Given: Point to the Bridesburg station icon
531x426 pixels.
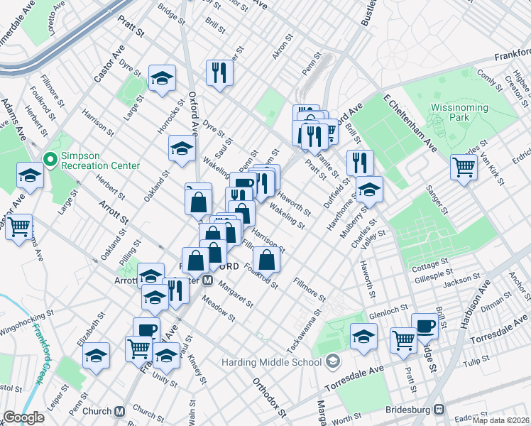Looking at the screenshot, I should pyautogui.click(x=440, y=410).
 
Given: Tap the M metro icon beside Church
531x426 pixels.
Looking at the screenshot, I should pyautogui.click(x=120, y=411).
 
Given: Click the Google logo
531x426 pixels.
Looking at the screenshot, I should pyautogui.click(x=23, y=417).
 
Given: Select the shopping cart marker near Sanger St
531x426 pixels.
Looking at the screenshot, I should pyautogui.click(x=464, y=168).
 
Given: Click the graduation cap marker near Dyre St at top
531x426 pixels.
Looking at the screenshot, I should pyautogui.click(x=163, y=77).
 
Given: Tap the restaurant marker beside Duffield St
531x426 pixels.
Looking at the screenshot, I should pyautogui.click(x=360, y=162).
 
